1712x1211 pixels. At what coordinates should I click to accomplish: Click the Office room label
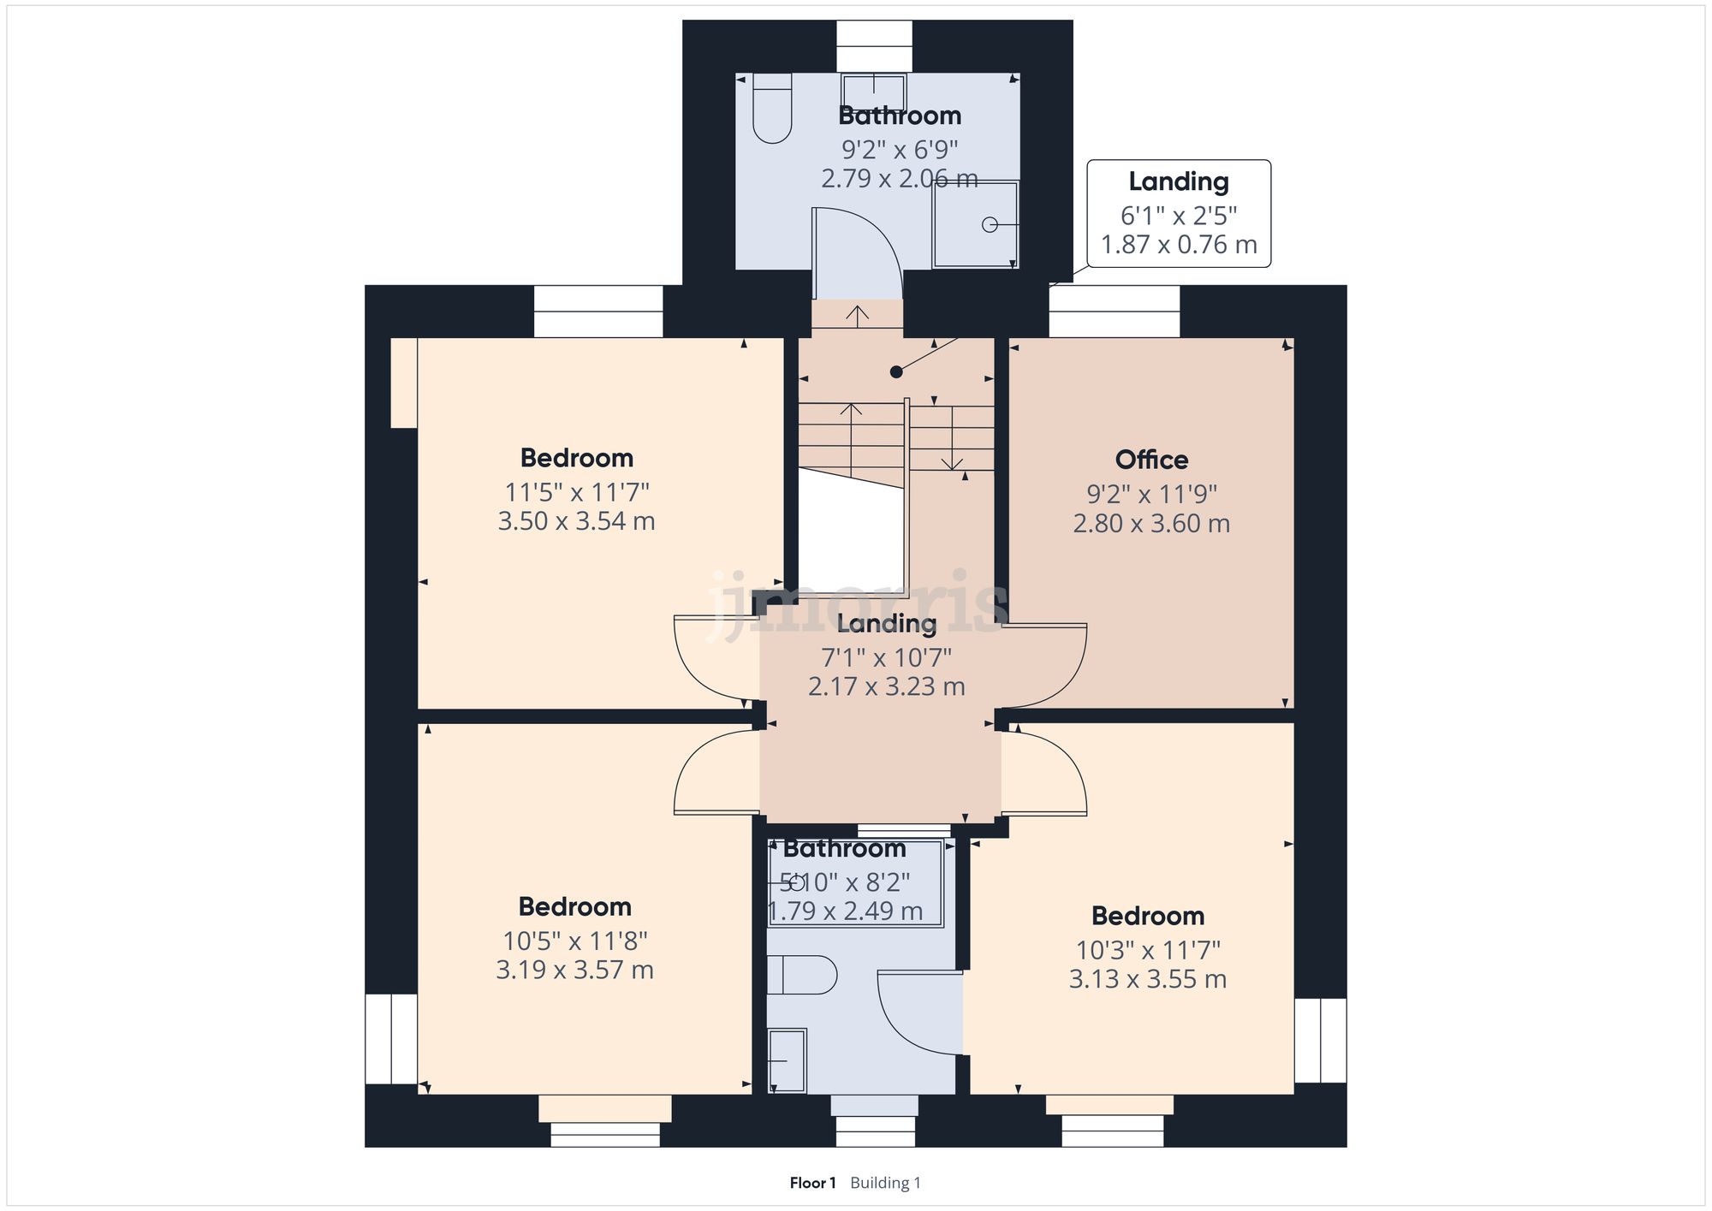pos(1151,460)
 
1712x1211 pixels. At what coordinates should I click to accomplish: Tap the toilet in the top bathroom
pos(772,109)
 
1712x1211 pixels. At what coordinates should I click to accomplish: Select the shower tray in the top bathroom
pos(975,224)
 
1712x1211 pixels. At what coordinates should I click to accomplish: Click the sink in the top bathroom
pos(873,89)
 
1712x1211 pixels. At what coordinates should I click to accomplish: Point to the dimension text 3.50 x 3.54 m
pos(576,521)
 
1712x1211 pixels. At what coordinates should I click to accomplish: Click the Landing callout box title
pos(1178,181)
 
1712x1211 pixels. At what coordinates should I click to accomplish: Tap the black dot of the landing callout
pos(896,371)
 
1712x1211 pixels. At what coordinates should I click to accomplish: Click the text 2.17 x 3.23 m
pos(886,686)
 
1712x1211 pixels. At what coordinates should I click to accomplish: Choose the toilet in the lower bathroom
pos(802,975)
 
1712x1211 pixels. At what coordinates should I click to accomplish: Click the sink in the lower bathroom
pos(787,1060)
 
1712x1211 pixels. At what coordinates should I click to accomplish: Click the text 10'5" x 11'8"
pos(574,941)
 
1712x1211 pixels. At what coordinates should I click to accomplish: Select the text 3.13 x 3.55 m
pos(1147,979)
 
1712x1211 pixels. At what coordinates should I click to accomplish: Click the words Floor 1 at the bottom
pos(812,1183)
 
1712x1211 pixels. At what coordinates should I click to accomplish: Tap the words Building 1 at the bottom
pos(885,1183)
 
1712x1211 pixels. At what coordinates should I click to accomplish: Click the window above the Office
pos(1115,311)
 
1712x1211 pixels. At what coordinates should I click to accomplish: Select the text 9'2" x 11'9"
pos(1151,494)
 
